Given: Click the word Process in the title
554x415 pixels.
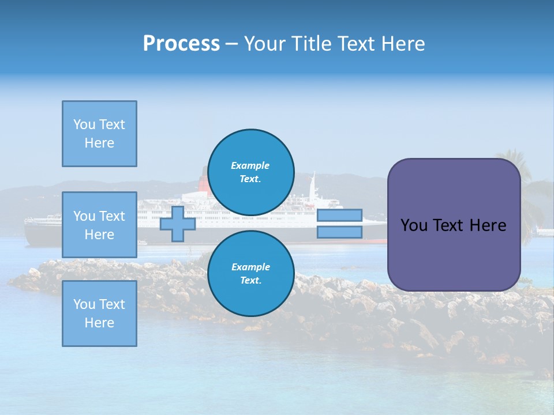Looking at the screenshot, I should [181, 44].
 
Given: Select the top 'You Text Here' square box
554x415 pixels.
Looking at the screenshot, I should [99, 134].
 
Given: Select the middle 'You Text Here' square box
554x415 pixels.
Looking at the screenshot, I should [99, 225].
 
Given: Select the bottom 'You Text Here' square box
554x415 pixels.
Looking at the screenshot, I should [99, 314].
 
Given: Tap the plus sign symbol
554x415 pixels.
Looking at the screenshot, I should [177, 224].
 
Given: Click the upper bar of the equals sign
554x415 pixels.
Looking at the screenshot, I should [339, 215].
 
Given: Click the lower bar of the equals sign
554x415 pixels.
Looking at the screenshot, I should [339, 232].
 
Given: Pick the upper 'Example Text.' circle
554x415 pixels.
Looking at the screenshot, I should [250, 172].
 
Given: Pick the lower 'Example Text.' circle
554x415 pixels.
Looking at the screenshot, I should [250, 273].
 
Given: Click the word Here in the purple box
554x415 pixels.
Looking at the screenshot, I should [488, 225].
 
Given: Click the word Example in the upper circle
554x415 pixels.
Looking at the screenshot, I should [250, 165].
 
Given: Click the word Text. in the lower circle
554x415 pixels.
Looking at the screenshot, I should [250, 280].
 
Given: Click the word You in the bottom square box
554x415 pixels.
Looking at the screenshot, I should [84, 304].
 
